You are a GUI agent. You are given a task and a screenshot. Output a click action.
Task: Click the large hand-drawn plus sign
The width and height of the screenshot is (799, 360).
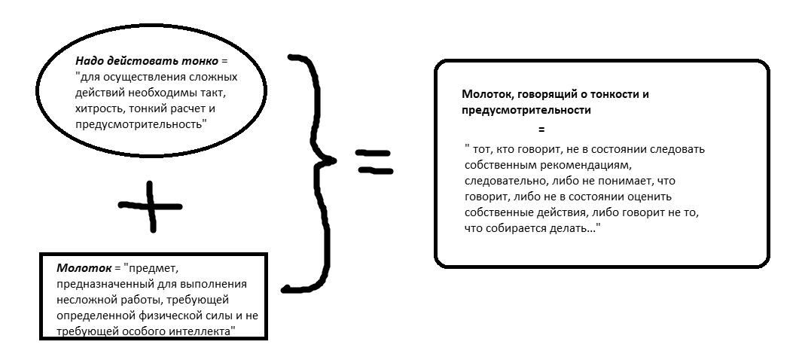pos(151,206)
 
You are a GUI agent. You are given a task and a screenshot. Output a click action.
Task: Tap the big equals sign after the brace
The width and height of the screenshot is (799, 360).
pos(374,160)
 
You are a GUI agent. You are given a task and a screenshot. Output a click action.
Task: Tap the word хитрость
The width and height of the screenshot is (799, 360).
pos(97,108)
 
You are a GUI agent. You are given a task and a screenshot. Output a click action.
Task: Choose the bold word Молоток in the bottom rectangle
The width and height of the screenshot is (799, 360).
pos(79,267)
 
